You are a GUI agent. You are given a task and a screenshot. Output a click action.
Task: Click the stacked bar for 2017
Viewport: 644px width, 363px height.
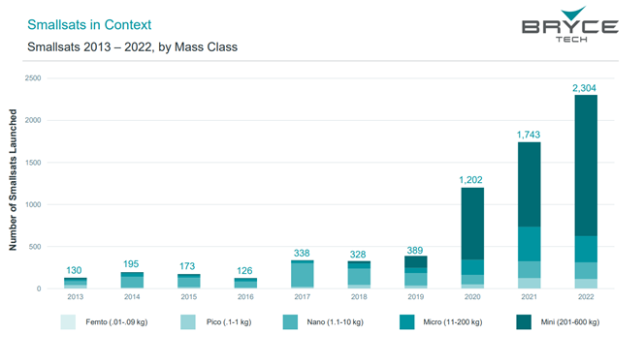[x=302, y=275]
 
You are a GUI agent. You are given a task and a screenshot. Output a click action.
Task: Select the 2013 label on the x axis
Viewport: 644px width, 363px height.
[x=75, y=297]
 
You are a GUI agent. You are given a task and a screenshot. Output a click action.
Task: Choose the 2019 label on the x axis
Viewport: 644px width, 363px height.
[x=415, y=297]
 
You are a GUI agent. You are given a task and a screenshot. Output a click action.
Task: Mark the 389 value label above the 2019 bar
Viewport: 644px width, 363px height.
[x=415, y=249]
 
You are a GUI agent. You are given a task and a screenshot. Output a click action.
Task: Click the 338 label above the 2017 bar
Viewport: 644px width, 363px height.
[x=302, y=253]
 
